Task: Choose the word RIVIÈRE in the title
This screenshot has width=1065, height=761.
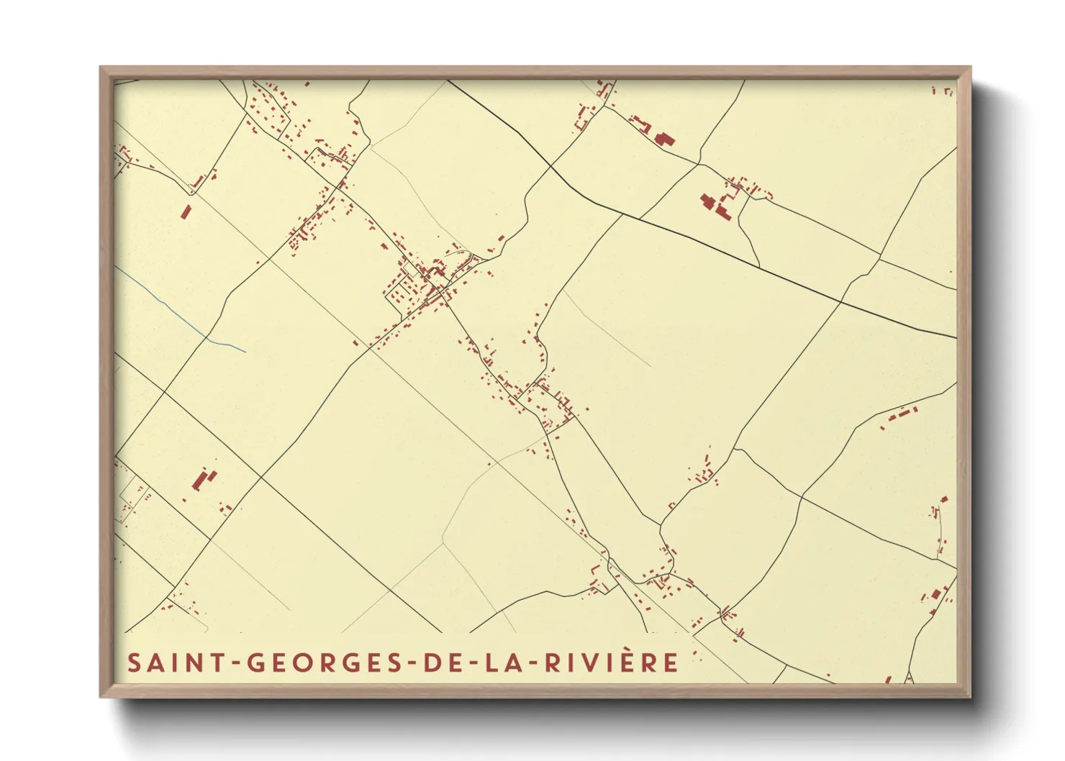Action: (611, 662)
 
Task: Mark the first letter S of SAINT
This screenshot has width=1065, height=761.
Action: (134, 662)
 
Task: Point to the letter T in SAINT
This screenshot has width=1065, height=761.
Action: (212, 662)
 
